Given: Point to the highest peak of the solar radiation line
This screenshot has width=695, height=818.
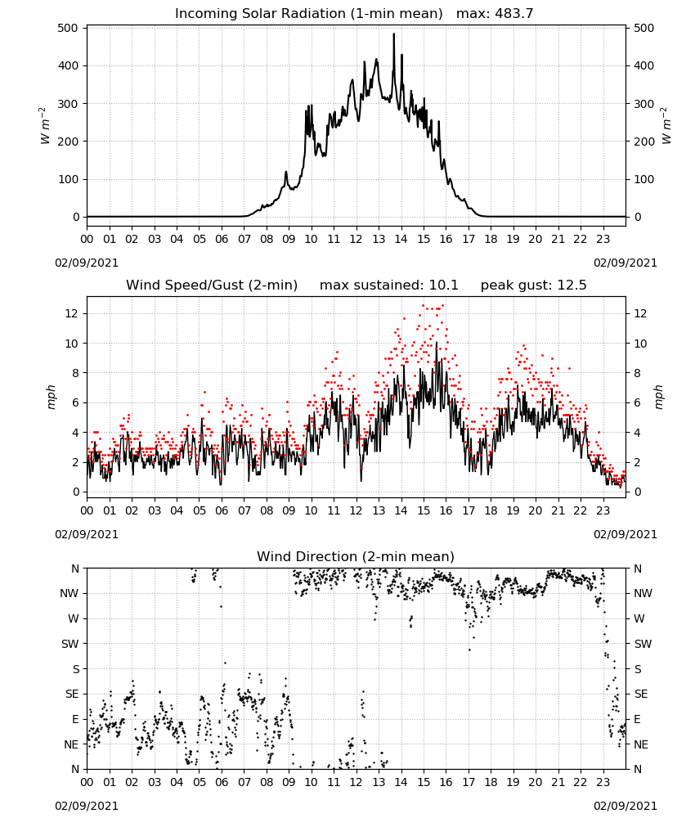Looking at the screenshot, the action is [393, 34].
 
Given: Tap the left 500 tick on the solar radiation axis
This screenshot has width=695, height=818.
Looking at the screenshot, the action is [69, 28].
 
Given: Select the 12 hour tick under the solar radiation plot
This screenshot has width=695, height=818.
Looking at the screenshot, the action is [356, 239].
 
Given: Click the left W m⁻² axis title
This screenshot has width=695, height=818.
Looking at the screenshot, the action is [45, 126].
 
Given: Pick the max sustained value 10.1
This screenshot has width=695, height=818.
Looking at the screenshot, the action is [444, 285].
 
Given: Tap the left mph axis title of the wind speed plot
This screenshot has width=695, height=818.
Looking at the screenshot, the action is [51, 397].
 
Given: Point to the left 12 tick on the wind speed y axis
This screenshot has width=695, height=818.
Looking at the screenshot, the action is [73, 313].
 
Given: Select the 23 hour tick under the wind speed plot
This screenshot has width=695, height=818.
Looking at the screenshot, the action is [603, 510].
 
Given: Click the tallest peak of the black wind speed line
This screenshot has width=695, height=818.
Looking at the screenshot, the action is [437, 342].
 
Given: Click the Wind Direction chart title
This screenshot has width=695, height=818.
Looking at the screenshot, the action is [356, 556].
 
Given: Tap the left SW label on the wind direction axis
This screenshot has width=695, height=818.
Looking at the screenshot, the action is [69, 644].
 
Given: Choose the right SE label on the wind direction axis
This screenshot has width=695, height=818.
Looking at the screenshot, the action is [641, 694].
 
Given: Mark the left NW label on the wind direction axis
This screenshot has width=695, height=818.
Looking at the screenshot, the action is [69, 593].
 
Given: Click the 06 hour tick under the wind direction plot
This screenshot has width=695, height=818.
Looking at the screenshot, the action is [222, 782].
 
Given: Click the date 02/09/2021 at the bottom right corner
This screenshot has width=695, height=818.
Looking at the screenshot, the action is [625, 806].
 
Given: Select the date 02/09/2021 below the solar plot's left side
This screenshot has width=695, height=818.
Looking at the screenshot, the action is [87, 263].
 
